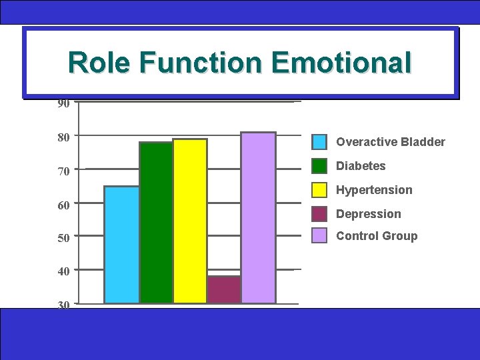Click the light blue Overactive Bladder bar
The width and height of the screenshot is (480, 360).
(x=121, y=245)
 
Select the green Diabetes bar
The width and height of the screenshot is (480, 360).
(x=156, y=223)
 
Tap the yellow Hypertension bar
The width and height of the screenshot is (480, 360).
(x=190, y=221)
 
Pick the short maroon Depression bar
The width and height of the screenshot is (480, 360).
(x=224, y=290)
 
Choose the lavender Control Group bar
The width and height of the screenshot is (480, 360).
(x=258, y=218)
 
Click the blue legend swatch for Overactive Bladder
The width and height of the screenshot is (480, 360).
(x=320, y=142)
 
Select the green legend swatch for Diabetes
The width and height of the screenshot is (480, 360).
(x=320, y=166)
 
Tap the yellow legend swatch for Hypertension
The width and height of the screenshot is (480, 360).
(x=320, y=190)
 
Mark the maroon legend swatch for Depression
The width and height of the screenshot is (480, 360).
(x=320, y=214)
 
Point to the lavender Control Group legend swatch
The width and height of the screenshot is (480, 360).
(x=320, y=236)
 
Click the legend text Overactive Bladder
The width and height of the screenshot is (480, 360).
(x=390, y=142)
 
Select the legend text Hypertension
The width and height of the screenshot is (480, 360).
(x=374, y=190)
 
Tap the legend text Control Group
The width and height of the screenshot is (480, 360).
(x=377, y=236)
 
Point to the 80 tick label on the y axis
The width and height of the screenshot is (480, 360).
(x=63, y=137)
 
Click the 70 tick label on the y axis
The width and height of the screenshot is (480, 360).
(x=63, y=171)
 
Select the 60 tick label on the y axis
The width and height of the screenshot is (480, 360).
(x=63, y=205)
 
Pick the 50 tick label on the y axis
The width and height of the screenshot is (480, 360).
(x=63, y=239)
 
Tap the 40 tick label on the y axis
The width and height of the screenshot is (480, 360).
(x=63, y=272)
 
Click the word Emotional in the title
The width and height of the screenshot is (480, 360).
(x=341, y=63)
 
